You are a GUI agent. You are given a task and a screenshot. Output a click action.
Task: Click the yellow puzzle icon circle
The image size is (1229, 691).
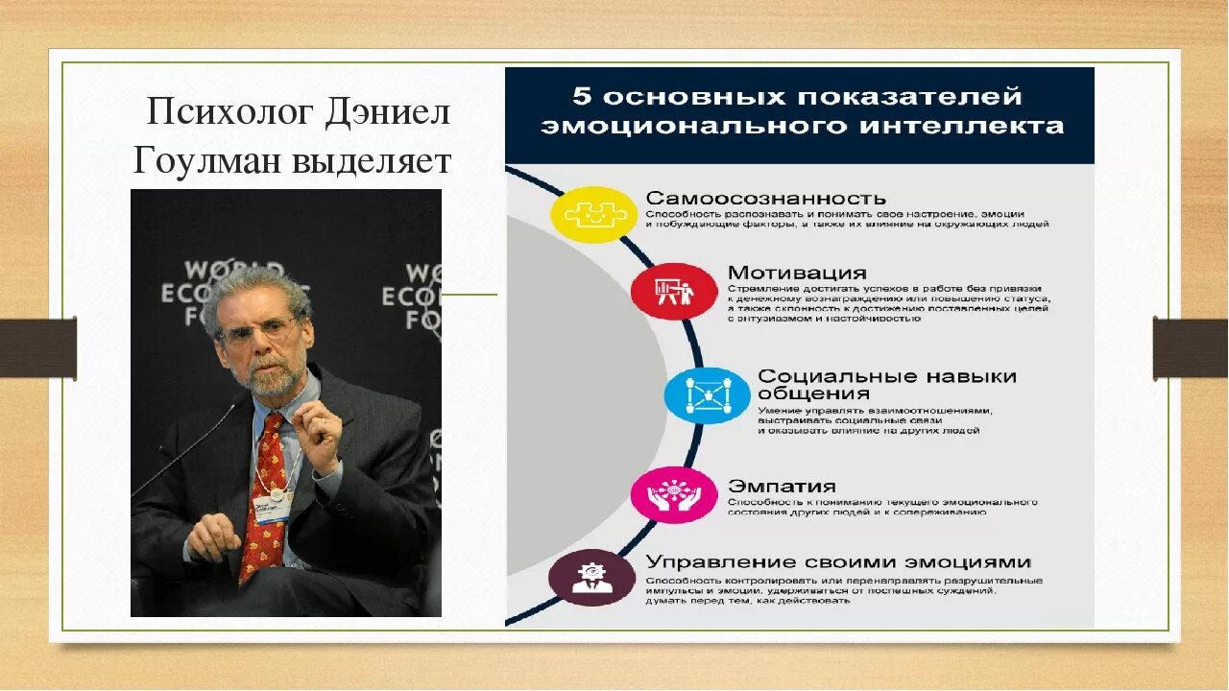point(593,214)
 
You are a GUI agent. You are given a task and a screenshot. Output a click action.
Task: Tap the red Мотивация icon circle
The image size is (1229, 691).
point(674,291)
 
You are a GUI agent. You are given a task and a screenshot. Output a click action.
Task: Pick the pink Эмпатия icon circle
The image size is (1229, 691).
point(674,495)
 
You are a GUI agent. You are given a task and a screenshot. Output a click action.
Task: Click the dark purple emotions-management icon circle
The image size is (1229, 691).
point(591,578)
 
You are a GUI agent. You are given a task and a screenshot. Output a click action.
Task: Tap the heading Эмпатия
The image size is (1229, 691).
point(781,487)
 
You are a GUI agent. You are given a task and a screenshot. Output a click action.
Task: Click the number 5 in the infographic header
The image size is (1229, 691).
point(582,97)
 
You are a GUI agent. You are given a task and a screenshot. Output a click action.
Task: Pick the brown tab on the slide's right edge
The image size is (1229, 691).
point(1191,347)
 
